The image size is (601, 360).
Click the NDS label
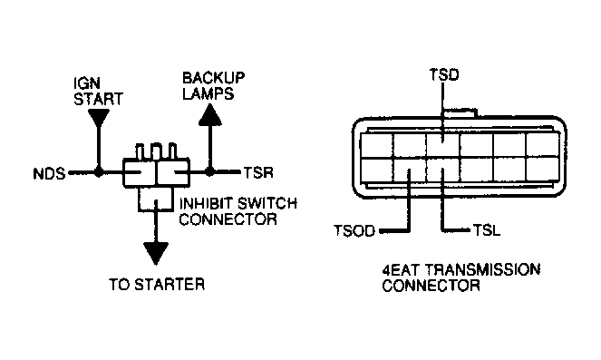point(50,174)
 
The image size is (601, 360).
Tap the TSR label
point(258,173)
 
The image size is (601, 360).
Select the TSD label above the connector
point(444,74)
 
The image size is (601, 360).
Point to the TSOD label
point(354,231)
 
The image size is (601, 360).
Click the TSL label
point(487,230)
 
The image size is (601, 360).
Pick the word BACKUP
point(214,78)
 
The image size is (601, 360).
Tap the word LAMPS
point(208,93)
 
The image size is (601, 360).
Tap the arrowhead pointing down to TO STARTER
point(156,253)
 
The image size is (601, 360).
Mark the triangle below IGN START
point(99,118)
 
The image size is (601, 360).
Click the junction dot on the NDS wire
point(99,173)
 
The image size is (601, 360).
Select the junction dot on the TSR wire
point(209,172)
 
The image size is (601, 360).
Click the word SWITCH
point(267,203)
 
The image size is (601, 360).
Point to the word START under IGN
point(98,99)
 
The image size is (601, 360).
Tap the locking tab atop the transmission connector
point(460,112)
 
